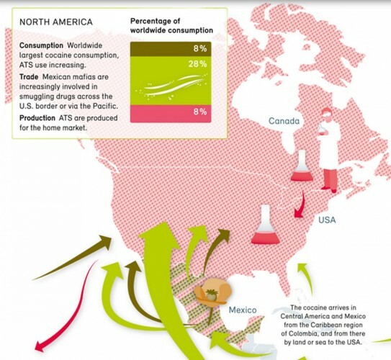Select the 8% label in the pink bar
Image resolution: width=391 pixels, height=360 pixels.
tap(199, 111)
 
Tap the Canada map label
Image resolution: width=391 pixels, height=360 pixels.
tap(284, 121)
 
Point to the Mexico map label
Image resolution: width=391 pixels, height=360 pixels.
tap(243, 310)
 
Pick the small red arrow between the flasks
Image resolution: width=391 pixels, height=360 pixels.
tap(297, 204)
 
